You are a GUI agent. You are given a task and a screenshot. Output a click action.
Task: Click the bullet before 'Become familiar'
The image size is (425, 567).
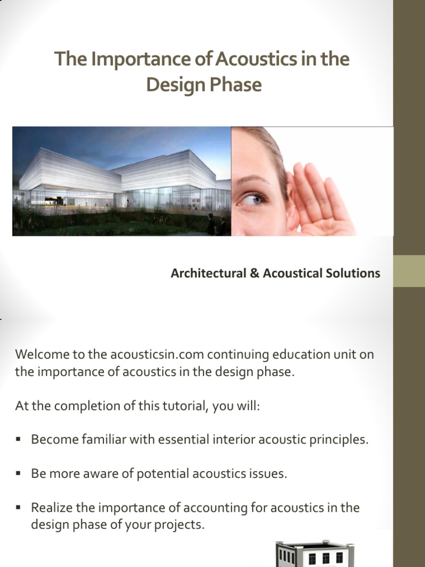tap(18, 440)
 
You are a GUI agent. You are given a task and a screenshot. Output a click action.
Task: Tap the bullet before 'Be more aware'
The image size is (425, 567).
tap(18, 474)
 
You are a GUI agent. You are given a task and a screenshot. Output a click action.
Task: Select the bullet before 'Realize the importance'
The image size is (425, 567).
tap(18, 508)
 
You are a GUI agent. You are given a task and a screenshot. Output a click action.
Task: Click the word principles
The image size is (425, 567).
tap(339, 440)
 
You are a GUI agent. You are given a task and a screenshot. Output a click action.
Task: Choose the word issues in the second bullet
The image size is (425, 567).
tap(269, 475)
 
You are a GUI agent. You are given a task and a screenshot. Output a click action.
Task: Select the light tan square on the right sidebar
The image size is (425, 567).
tap(409, 271)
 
